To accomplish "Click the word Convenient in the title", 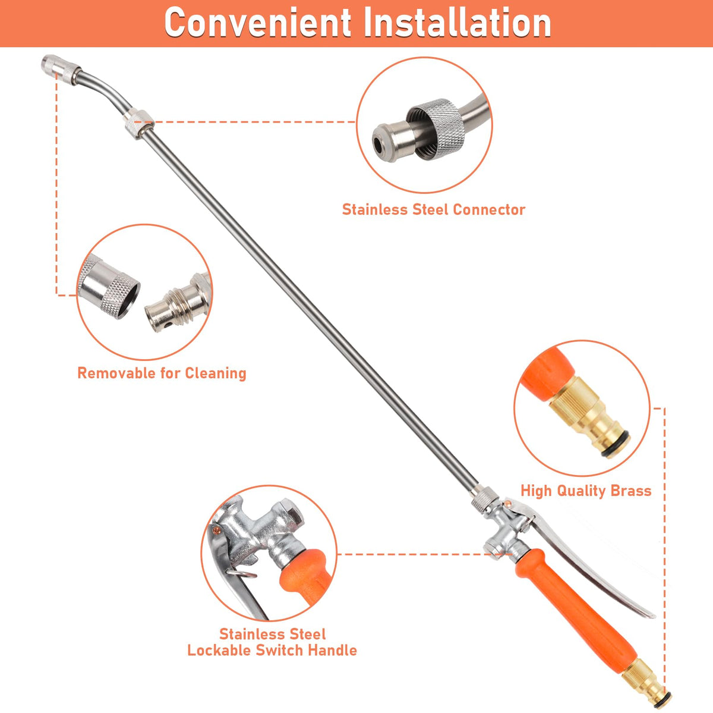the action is tap(257, 23).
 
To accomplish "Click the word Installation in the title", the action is tap(458, 23).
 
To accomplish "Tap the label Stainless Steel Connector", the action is tap(434, 210).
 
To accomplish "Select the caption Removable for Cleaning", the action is tap(162, 373).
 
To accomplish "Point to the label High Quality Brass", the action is tap(586, 491).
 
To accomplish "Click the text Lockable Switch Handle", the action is tap(272, 650).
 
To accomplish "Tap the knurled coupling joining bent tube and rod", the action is tap(138, 124).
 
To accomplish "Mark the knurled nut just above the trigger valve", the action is tap(485, 500).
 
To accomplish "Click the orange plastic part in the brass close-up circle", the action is tap(545, 375).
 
